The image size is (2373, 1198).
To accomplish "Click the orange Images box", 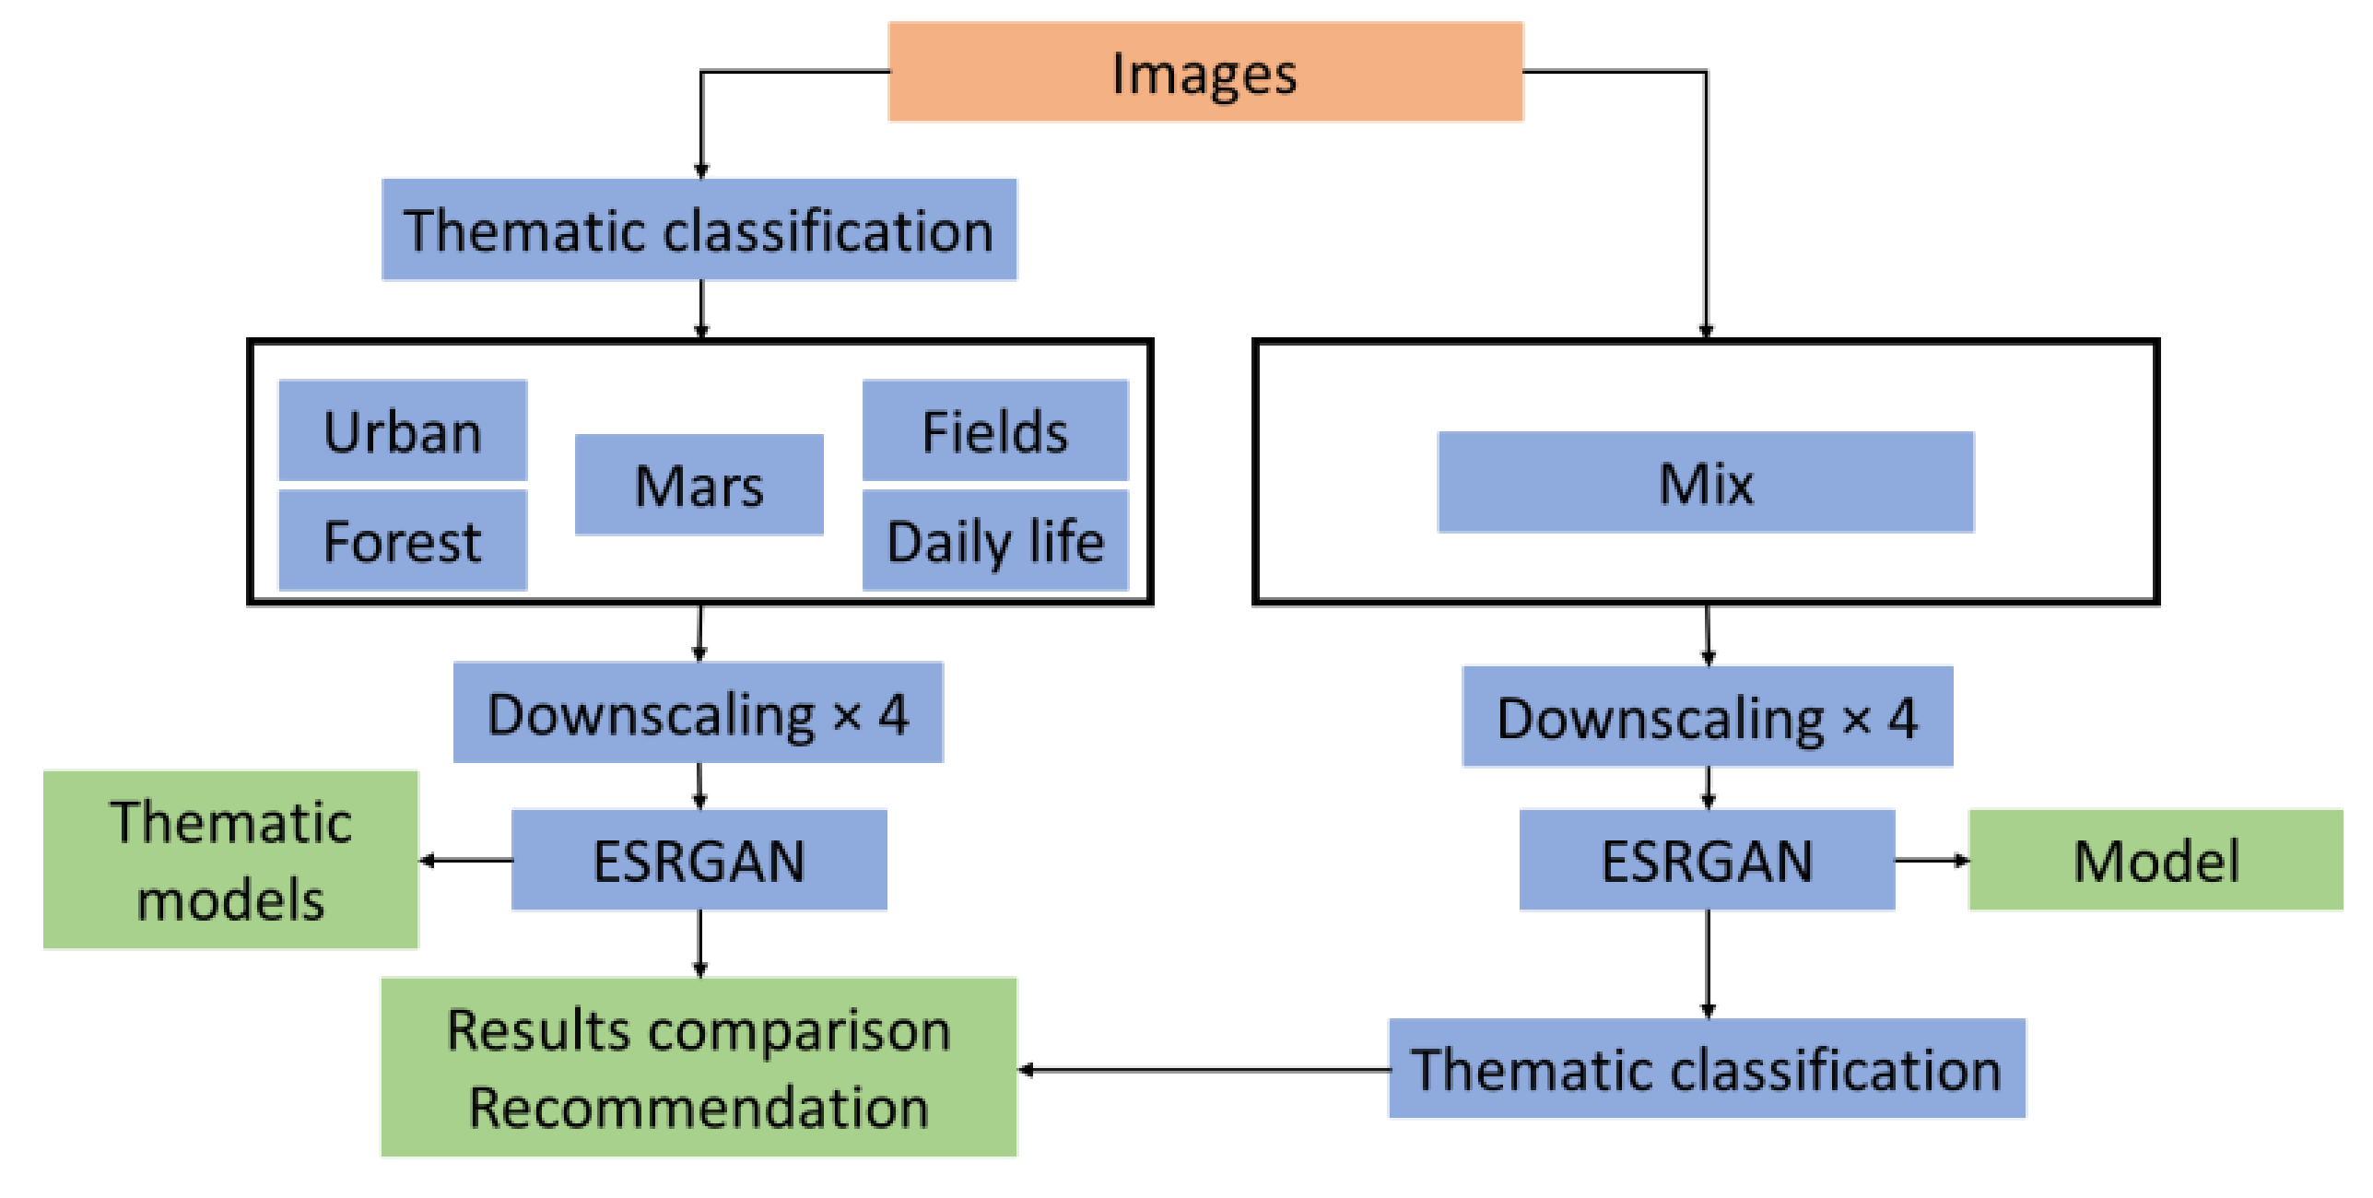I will coord(1204,72).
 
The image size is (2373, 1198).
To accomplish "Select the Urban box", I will coord(403,430).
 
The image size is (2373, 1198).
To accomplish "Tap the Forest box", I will coord(403,540).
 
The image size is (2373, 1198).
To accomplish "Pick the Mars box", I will coord(699,485).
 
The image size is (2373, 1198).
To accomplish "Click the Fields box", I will coord(994,430).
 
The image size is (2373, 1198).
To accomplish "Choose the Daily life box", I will coord(994,540).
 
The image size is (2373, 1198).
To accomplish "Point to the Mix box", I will coord(1705,482).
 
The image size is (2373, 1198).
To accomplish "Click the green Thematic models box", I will coord(230,860).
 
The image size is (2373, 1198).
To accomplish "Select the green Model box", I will coord(2156,860).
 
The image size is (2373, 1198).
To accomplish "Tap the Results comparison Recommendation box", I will coord(699,1066).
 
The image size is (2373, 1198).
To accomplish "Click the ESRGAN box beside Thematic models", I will coord(699,860).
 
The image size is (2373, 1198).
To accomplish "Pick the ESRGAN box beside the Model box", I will coord(1707,860).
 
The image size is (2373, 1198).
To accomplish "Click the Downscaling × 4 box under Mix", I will coord(1707,717).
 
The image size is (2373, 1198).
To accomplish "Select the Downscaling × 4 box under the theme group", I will coord(699,712).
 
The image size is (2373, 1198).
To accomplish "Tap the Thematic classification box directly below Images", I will coord(699,229).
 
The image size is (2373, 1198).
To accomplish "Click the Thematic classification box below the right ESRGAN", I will coord(1707,1068).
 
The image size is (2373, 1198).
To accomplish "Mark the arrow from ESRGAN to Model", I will coord(1932,861).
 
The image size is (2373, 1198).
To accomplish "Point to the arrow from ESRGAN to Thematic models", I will coord(465,861).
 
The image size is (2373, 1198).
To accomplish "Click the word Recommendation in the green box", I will coord(699,1108).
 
